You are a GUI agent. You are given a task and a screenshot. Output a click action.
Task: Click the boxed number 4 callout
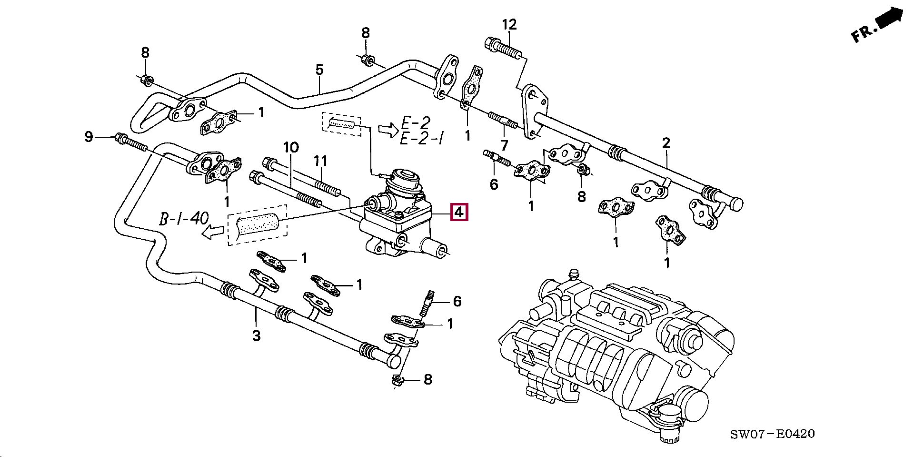click(x=460, y=213)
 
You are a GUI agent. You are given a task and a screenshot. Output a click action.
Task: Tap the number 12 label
click(x=509, y=24)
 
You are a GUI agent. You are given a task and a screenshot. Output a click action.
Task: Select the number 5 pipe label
click(x=319, y=70)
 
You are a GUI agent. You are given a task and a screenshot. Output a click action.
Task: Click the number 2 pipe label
click(x=666, y=142)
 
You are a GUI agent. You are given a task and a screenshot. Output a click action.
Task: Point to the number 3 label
click(x=256, y=335)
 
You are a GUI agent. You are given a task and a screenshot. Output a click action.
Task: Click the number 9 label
click(x=89, y=137)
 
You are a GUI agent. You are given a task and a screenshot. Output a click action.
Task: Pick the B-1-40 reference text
click(x=184, y=219)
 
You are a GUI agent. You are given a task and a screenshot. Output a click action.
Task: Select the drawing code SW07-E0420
click(x=773, y=434)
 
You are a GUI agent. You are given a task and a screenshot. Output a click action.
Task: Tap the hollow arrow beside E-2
click(x=387, y=130)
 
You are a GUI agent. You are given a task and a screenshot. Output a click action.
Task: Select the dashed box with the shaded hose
click(x=258, y=225)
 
